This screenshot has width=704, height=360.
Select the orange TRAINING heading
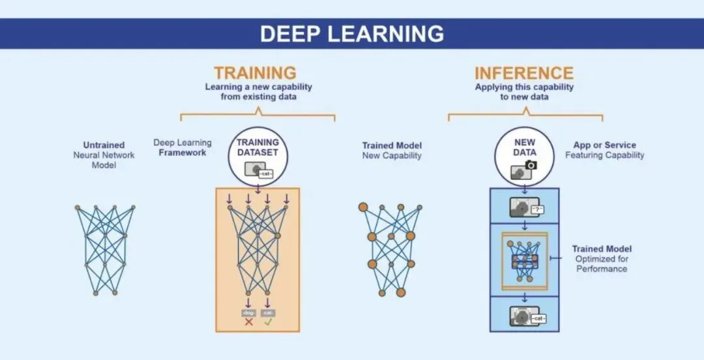[x=255, y=72]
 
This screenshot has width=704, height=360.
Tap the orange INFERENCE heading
[x=524, y=72]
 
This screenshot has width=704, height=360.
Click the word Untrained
[x=104, y=145]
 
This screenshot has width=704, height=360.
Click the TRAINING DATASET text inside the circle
[x=257, y=147]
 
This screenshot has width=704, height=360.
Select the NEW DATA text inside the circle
[x=525, y=147]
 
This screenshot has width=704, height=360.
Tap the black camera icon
[x=531, y=165]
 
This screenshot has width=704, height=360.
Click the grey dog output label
[x=248, y=312]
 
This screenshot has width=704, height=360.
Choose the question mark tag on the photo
[x=538, y=209]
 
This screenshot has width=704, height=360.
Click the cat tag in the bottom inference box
[x=538, y=318]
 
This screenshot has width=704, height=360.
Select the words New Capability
[x=392, y=156]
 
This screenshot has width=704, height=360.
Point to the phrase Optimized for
[x=602, y=259]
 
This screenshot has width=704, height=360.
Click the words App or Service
[x=604, y=145]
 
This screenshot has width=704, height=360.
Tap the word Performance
[x=602, y=269]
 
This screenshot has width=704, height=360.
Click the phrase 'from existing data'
[x=258, y=97]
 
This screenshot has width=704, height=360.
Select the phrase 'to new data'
[x=524, y=97]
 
